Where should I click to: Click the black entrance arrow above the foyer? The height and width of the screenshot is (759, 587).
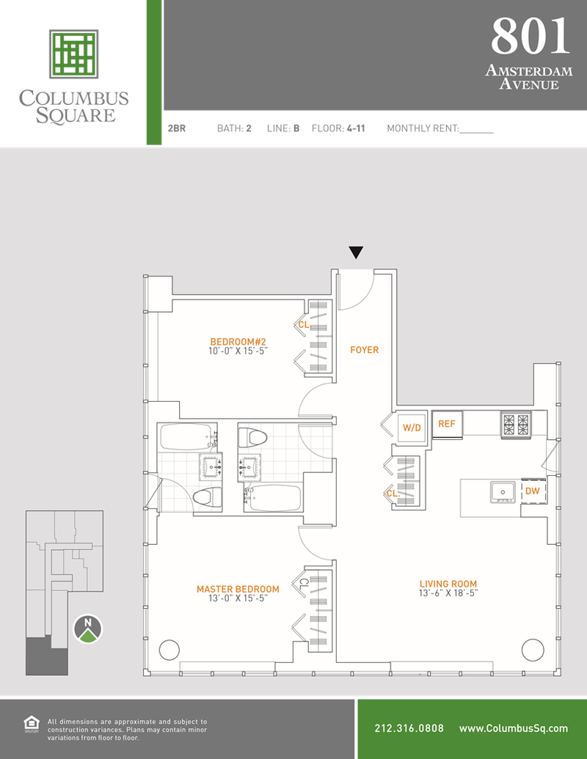356,252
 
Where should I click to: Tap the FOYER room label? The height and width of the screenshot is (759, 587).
364,350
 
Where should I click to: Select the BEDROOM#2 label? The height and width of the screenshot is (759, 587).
238,342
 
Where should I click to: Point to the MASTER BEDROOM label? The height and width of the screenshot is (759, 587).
238,589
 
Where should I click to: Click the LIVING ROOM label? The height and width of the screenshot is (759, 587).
448,584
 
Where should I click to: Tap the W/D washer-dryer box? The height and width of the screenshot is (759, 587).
412,428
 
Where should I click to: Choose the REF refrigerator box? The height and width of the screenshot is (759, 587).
447,424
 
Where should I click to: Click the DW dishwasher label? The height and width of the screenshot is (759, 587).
532,491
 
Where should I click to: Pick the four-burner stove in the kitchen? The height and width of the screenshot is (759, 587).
516,425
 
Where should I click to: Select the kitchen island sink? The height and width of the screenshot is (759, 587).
503,492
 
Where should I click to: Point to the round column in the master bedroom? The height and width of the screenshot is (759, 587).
169,650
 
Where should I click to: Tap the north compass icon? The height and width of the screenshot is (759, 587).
87,629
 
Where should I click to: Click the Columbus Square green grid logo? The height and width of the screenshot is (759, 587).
73,54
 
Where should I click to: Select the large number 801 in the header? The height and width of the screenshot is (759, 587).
531,36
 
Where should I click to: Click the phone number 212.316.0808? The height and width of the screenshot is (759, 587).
409,728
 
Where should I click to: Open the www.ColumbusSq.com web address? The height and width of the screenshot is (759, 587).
514,728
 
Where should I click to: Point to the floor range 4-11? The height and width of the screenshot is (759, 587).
356,128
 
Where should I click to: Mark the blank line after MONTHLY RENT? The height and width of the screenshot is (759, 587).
477,132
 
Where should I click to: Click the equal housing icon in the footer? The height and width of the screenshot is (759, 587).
32,724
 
